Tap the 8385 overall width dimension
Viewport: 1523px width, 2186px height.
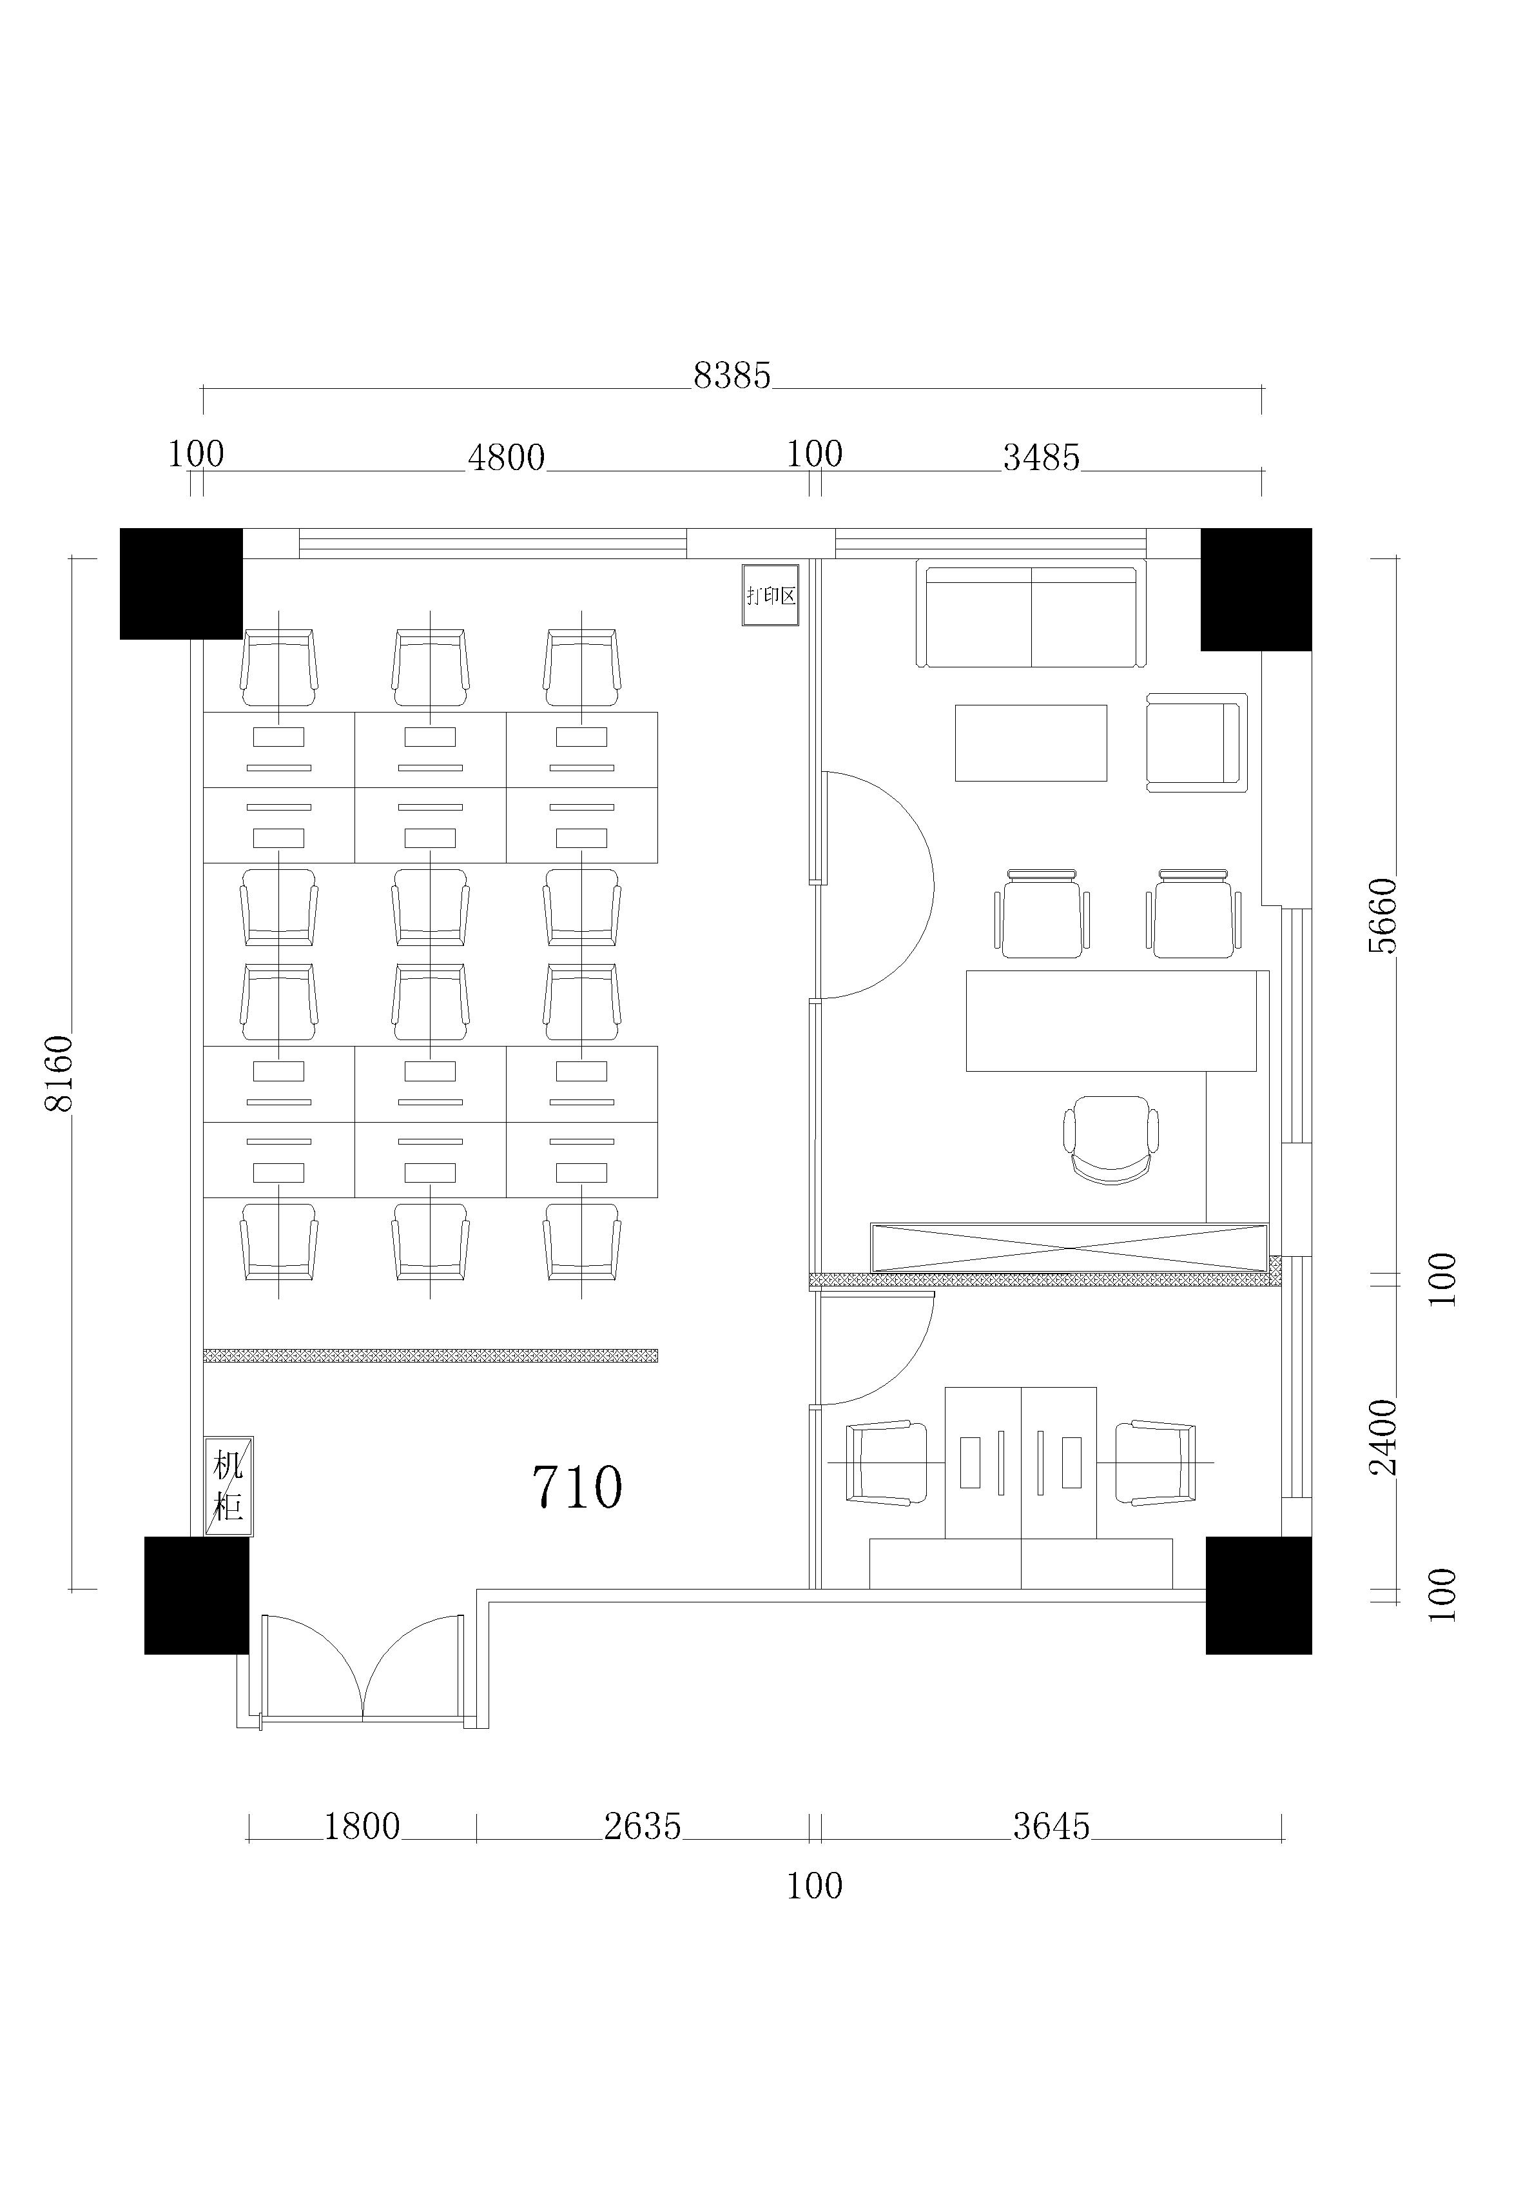pos(732,376)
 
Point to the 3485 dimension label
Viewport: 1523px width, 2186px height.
pos(1042,458)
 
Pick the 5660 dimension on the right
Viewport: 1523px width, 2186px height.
pos(1382,915)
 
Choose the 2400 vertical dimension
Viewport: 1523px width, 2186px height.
pos(1382,1437)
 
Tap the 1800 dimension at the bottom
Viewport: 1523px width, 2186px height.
pos(362,1826)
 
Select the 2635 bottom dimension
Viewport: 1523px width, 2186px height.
pos(643,1826)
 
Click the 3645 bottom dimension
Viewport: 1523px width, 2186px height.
pos(1051,1826)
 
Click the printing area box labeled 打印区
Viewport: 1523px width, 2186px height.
pos(770,595)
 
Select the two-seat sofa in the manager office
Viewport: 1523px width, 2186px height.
pos(1031,614)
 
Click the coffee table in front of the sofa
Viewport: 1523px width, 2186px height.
pos(1031,743)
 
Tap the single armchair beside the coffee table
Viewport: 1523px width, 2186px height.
pos(1196,743)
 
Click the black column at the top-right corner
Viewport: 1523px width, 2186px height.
pos(1256,589)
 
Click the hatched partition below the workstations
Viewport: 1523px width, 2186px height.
pos(431,1355)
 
